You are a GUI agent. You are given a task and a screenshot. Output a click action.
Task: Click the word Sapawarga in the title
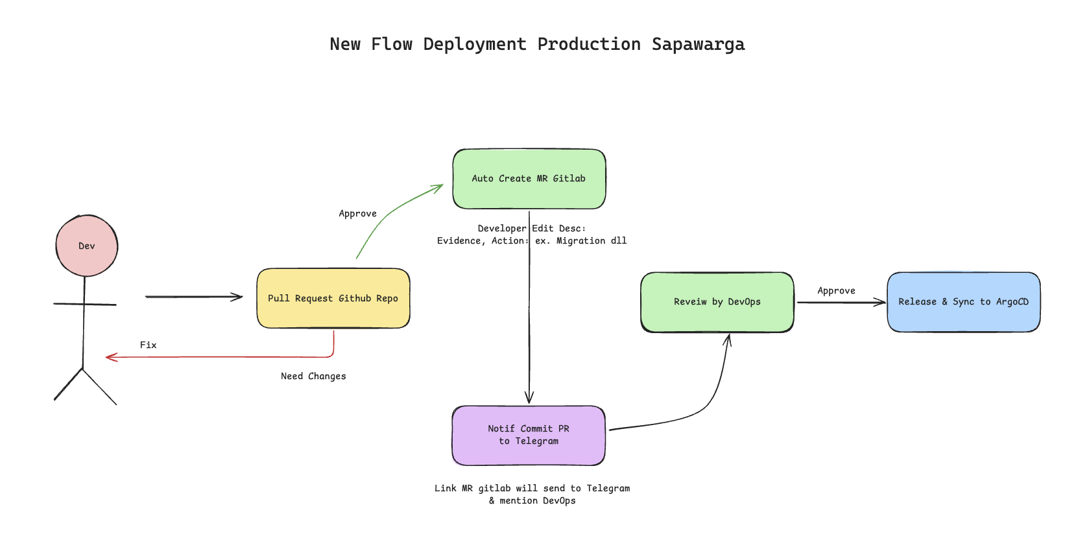click(x=698, y=44)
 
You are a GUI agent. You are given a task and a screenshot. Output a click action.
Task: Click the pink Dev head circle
click(x=87, y=246)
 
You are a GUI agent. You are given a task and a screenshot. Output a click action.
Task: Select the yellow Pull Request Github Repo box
click(x=333, y=298)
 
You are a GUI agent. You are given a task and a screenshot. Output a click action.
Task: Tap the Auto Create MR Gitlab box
click(x=529, y=179)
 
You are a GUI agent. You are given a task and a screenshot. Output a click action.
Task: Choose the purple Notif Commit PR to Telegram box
click(x=529, y=436)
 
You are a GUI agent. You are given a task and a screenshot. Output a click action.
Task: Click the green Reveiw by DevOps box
click(x=717, y=302)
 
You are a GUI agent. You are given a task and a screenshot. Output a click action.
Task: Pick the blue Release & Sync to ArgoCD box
click(x=964, y=302)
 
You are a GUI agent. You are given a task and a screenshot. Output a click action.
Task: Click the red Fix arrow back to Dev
click(x=221, y=357)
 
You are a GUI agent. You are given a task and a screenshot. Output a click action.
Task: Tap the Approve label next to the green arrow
click(x=357, y=214)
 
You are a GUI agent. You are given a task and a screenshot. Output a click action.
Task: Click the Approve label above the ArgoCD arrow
click(x=836, y=291)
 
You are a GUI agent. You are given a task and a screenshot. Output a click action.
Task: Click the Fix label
click(x=149, y=345)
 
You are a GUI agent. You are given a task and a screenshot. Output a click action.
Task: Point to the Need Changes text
click(x=313, y=377)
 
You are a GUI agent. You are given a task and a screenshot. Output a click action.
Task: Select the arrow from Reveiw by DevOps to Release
click(x=841, y=303)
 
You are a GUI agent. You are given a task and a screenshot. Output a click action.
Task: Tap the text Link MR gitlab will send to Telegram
click(x=532, y=489)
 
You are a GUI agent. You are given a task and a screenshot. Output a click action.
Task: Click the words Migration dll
click(x=591, y=241)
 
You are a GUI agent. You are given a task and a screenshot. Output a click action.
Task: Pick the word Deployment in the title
click(x=475, y=44)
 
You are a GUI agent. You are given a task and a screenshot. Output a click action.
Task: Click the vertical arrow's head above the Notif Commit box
click(x=529, y=398)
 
